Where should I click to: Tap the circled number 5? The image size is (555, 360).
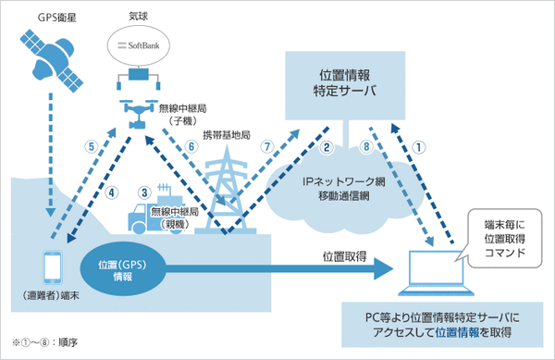point(90,145)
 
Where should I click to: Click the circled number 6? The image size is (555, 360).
point(191,146)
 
